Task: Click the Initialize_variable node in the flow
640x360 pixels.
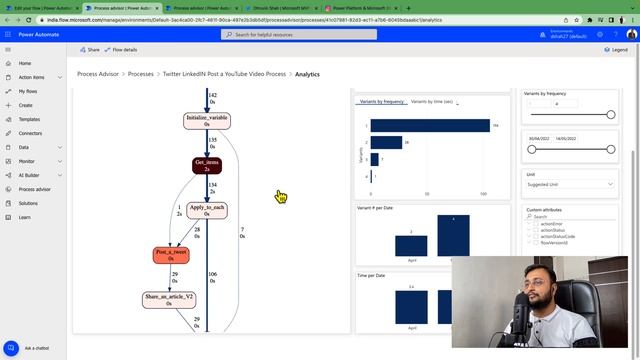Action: [x=207, y=120]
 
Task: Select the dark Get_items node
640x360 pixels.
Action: [x=207, y=164]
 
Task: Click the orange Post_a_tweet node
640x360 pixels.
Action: [x=171, y=255]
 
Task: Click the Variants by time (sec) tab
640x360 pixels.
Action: [x=433, y=102]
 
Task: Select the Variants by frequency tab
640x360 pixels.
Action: [x=381, y=102]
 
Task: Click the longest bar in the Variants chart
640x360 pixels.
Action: [x=430, y=126]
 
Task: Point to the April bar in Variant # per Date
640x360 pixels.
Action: [x=411, y=245]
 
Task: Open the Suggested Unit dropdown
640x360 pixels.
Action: [x=570, y=185]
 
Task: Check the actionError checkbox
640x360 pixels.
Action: [x=535, y=224]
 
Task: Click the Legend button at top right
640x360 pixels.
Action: [x=615, y=49]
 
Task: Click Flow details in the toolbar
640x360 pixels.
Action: [x=123, y=49]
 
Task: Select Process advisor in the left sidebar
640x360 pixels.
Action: [x=35, y=189]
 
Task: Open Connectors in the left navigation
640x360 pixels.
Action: [x=30, y=133]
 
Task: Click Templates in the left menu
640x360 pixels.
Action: [x=29, y=119]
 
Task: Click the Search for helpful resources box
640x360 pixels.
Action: [x=300, y=34]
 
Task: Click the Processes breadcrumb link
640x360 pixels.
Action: [x=141, y=74]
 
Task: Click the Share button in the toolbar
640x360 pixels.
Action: [x=90, y=49]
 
